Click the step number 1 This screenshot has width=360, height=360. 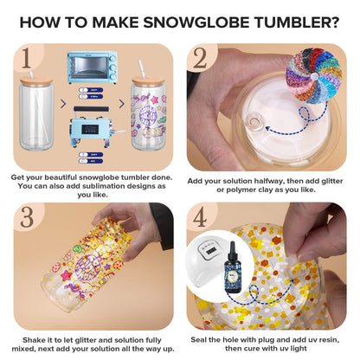pyautogui.click(x=29, y=58)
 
